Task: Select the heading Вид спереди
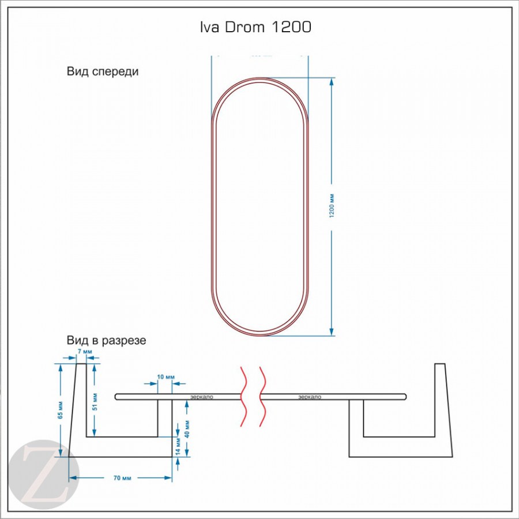tap(103, 72)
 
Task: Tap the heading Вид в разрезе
tap(106, 340)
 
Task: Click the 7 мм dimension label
tap(84, 351)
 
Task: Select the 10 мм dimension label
tap(166, 377)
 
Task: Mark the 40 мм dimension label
tap(187, 427)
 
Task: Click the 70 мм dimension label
tap(120, 478)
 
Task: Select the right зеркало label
tap(310, 397)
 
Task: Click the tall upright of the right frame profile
tap(442, 404)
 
